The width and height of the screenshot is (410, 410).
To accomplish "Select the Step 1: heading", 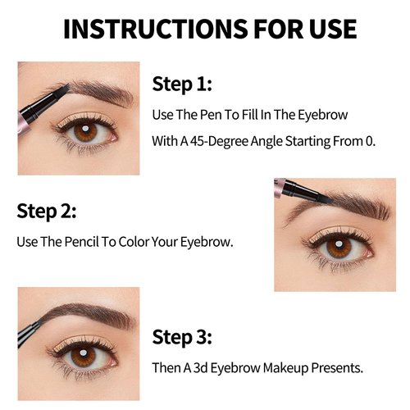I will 181,85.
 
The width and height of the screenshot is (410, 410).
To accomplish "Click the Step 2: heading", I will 47,212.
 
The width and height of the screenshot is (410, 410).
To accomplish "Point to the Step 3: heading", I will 182,337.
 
